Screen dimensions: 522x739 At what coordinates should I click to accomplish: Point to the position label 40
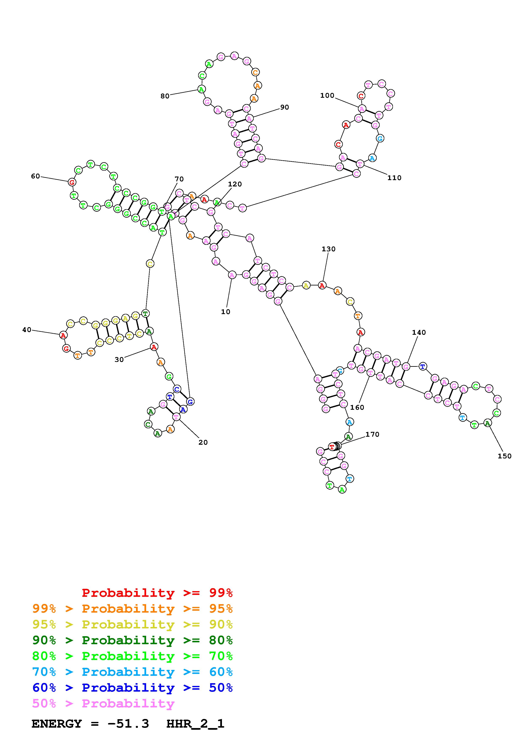pos(27,330)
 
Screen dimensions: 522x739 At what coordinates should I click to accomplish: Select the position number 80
pos(165,96)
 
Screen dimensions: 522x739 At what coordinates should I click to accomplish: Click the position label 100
pos(327,95)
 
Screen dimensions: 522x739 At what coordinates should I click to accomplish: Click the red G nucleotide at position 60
pos(72,182)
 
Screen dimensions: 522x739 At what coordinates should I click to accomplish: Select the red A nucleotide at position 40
pos(63,335)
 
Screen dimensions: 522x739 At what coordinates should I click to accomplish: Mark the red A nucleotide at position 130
pos(322,285)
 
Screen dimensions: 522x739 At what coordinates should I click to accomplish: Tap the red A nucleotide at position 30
pos(154,347)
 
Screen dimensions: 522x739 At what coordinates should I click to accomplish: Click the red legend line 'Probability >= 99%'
pos(157,593)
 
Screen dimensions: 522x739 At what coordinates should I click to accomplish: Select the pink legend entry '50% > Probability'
pos(103,704)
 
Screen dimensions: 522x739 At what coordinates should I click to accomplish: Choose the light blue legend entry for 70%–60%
pos(132,672)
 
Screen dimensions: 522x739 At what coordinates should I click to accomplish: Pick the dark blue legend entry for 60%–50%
pos(132,688)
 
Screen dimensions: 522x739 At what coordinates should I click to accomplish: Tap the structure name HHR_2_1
pos(195,724)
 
